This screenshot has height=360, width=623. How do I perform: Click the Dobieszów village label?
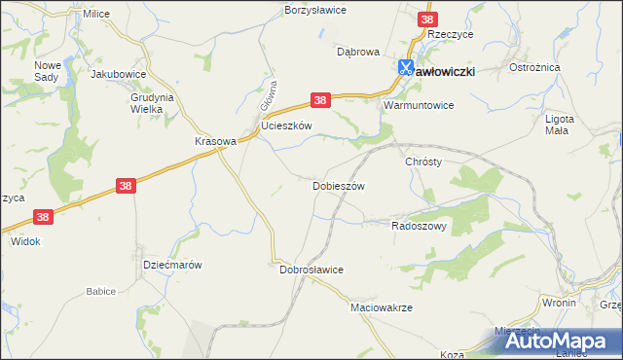click(338, 185)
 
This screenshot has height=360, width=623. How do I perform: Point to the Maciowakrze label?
click(382, 306)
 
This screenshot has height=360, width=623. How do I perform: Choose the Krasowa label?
click(215, 140)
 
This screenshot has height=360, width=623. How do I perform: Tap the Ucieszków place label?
click(286, 126)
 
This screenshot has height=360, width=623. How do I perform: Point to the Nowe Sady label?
click(48, 70)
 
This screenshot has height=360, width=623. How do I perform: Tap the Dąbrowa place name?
click(357, 52)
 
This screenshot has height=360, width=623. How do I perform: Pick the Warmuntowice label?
click(420, 104)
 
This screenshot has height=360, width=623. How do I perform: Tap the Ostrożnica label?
click(532, 68)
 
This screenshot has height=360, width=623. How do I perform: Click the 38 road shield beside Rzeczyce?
click(427, 18)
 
